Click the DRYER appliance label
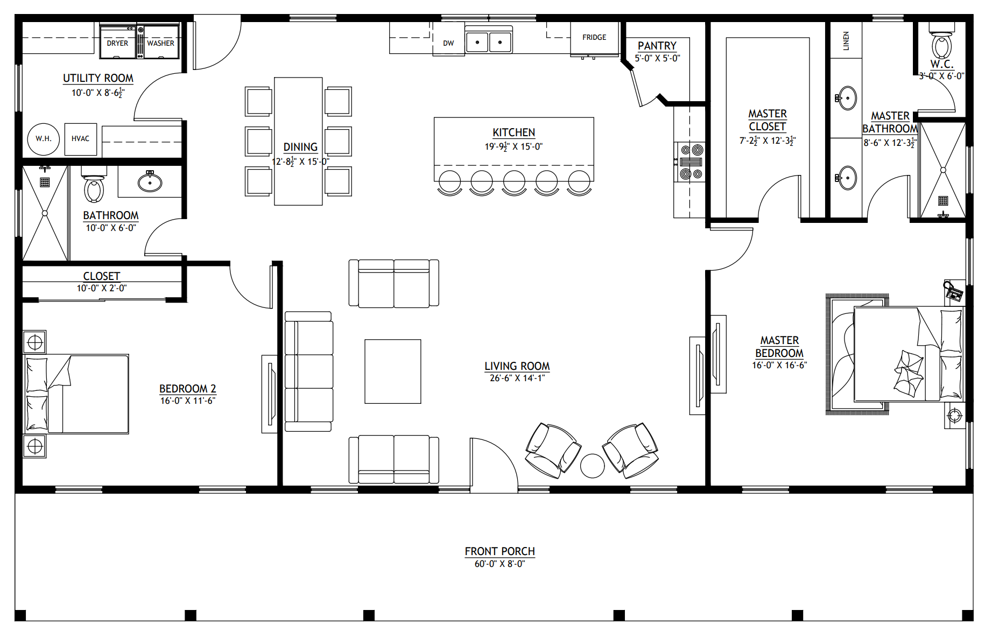click(117, 43)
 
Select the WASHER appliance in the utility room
click(161, 41)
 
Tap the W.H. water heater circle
click(44, 138)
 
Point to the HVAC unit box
click(81, 139)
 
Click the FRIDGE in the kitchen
click(594, 38)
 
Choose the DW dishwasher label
click(448, 43)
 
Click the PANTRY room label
click(657, 46)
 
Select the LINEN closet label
click(846, 41)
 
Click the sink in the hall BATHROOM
click(150, 181)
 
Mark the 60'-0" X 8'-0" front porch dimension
click(499, 564)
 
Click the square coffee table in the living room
click(393, 371)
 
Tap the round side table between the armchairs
click(593, 466)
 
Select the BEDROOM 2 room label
click(188, 389)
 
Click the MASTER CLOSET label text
click(768, 120)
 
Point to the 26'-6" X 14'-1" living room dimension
click(517, 378)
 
